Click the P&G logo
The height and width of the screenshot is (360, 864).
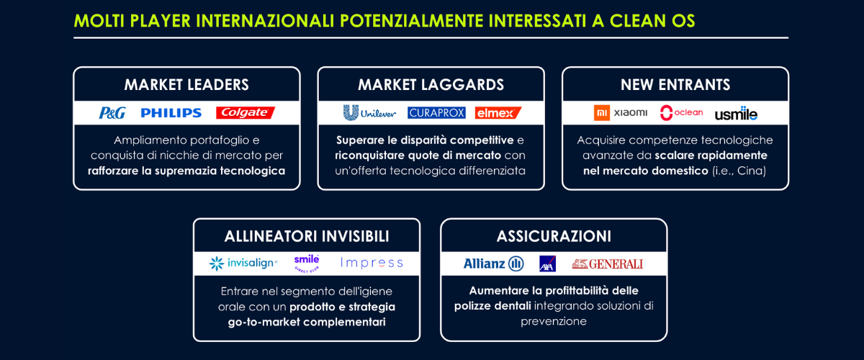pos(112,112)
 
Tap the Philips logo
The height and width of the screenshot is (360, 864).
pos(171,112)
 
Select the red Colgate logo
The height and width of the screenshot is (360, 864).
pos(246,112)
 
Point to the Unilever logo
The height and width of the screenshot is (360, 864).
pos(369,112)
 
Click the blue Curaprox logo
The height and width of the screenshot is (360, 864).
pos(436,112)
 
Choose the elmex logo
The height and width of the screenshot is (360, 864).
pos(498,112)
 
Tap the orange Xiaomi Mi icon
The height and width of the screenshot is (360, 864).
pos(602,112)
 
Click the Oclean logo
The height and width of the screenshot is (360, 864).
pos(681,112)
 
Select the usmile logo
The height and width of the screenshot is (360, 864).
pos(736,114)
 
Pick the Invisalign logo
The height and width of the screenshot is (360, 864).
pos(243,263)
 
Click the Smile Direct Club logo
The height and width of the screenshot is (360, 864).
pos(307,264)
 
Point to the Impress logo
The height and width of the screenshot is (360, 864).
pos(372,263)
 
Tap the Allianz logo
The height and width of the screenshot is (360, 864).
pos(494,264)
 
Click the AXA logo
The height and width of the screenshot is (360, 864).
pos(547,264)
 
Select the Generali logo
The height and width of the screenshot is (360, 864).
pos(608,264)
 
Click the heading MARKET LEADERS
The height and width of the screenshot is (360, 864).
pos(186,84)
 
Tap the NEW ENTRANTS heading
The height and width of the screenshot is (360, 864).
pos(675,84)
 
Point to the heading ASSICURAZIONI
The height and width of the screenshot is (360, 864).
pos(554,236)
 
